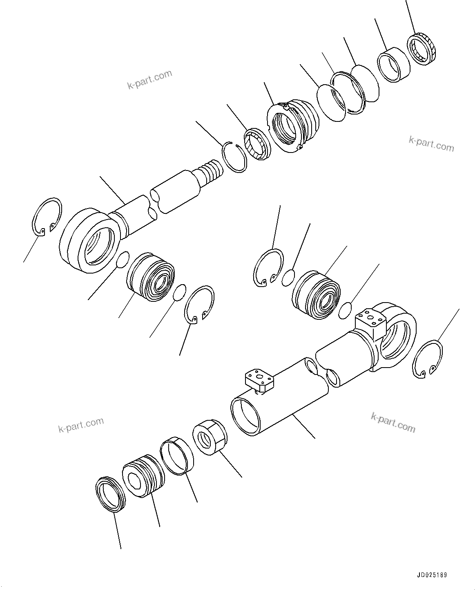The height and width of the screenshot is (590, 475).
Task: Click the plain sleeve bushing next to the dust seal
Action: tap(393, 64)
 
